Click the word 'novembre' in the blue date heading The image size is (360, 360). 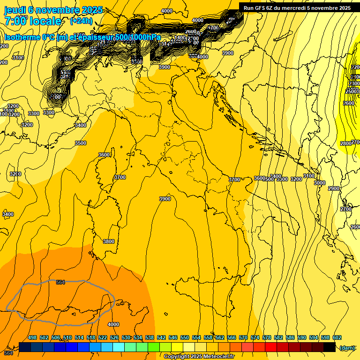pyautogui.click(x=59, y=9)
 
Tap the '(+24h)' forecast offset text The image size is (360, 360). pyautogui.click(x=81, y=21)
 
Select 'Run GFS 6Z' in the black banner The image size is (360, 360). pyautogui.click(x=259, y=8)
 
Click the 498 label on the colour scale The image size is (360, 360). pyautogui.click(x=32, y=337)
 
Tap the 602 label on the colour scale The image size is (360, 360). pyautogui.click(x=337, y=337)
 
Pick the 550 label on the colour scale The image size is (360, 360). pyautogui.click(x=185, y=337)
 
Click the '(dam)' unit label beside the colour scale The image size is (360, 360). pyautogui.click(x=347, y=347)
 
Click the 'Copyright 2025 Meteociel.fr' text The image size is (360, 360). pyautogui.click(x=199, y=356)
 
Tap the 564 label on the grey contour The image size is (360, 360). pyautogui.click(x=60, y=282)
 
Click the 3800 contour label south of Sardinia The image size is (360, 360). pyautogui.click(x=108, y=241)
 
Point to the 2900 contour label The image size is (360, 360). pyautogui.click(x=333, y=188)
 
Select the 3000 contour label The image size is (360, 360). pyautogui.click(x=319, y=183)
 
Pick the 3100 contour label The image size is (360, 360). pyautogui.click(x=308, y=176)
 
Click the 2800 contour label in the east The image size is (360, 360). pyautogui.click(x=345, y=143)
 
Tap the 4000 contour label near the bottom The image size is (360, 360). pyautogui.click(x=113, y=324)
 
